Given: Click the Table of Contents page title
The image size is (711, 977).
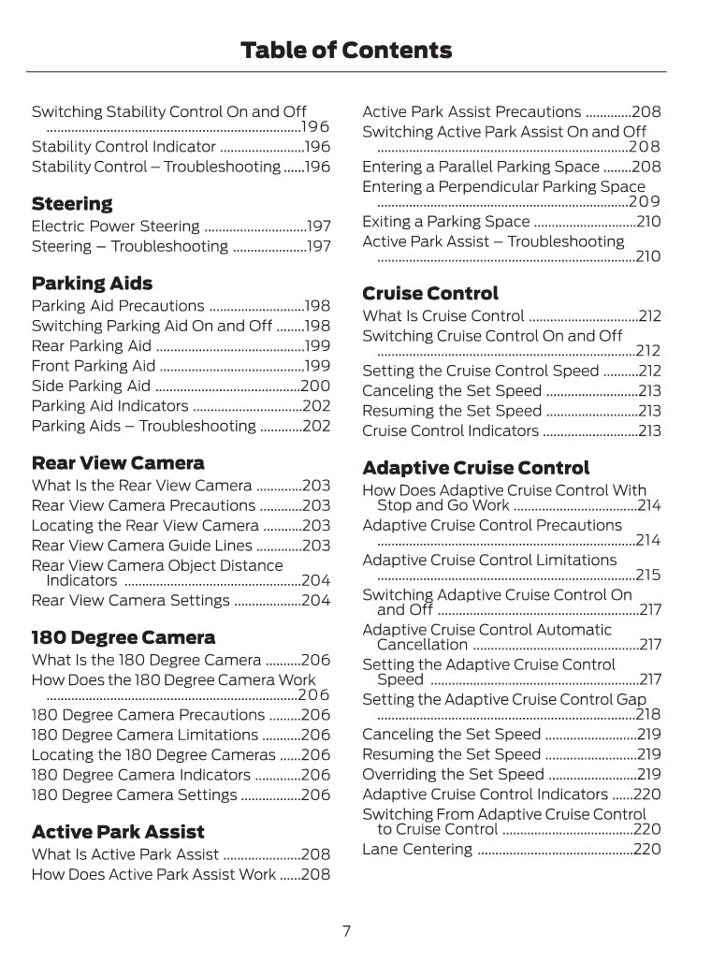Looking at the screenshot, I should tap(346, 51).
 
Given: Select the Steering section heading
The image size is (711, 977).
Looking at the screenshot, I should tap(72, 204).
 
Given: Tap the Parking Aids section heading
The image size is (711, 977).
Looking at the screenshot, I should tap(92, 284).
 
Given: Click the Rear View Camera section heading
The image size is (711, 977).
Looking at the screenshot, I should tap(118, 463).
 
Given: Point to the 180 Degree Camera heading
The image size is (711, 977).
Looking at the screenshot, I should tap(123, 638).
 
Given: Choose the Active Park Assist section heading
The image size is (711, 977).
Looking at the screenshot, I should tap(118, 832).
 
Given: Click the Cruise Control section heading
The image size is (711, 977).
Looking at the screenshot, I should tap(430, 294).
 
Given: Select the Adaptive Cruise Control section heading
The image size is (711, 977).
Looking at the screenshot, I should tap(476, 468).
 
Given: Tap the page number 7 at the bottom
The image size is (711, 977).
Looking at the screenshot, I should tap(346, 931).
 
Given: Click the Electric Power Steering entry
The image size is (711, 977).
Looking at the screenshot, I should tap(116, 226).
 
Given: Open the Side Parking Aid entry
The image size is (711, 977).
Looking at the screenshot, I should tap(91, 386).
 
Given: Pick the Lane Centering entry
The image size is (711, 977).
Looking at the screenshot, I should tap(417, 850).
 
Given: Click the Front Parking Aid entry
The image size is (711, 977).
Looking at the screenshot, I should tap(94, 366).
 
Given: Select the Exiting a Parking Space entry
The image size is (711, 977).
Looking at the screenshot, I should tap(446, 222).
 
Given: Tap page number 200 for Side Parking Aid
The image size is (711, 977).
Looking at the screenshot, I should tap(315, 386).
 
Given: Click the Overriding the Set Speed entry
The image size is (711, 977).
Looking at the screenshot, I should tap(453, 775).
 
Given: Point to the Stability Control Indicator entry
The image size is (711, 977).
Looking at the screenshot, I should tap(123, 147).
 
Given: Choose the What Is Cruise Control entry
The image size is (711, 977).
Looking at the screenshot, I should tap(443, 316).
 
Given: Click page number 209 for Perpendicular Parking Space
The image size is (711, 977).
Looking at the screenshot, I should tap(645, 201).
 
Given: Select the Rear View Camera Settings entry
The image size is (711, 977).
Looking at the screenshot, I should tap(131, 601).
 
